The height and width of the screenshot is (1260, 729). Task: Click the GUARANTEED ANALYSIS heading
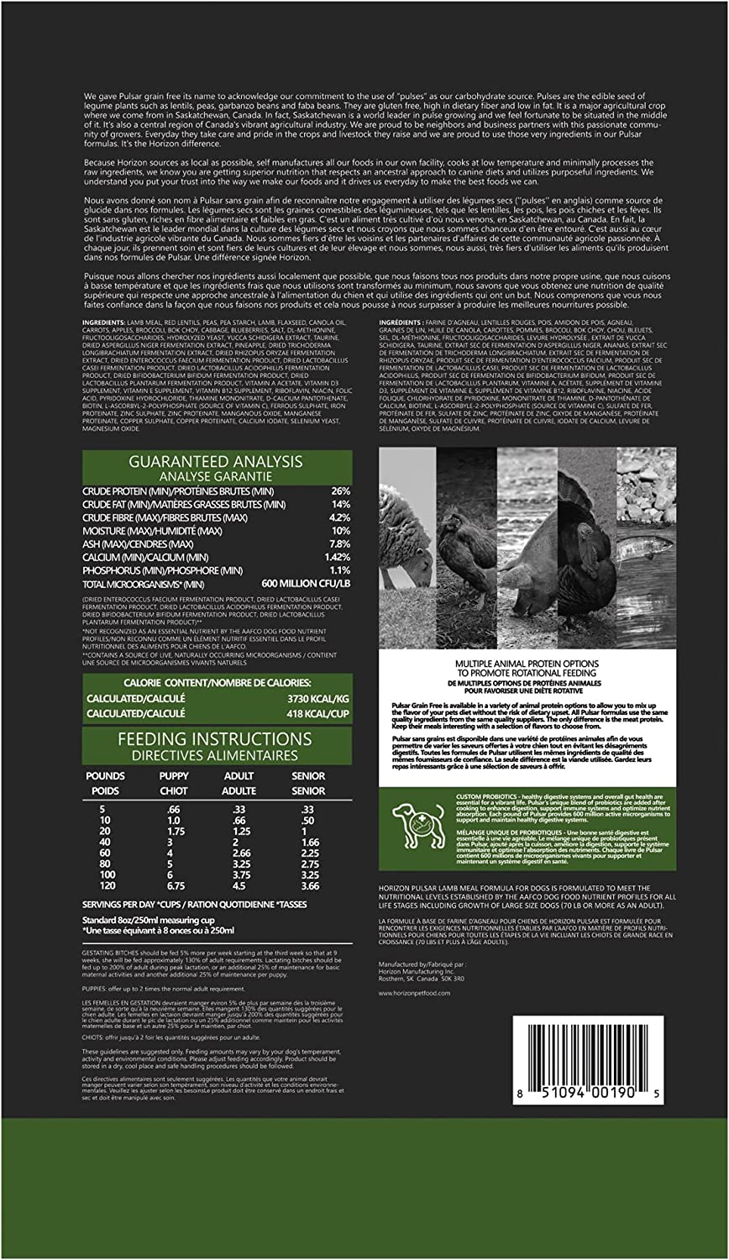pyautogui.click(x=217, y=461)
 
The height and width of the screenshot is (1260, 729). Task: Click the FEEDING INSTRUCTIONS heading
pyautogui.click(x=217, y=739)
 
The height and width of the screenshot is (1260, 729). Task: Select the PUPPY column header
pyautogui.click(x=174, y=776)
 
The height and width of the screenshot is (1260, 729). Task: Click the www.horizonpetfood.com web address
pyautogui.click(x=415, y=992)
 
